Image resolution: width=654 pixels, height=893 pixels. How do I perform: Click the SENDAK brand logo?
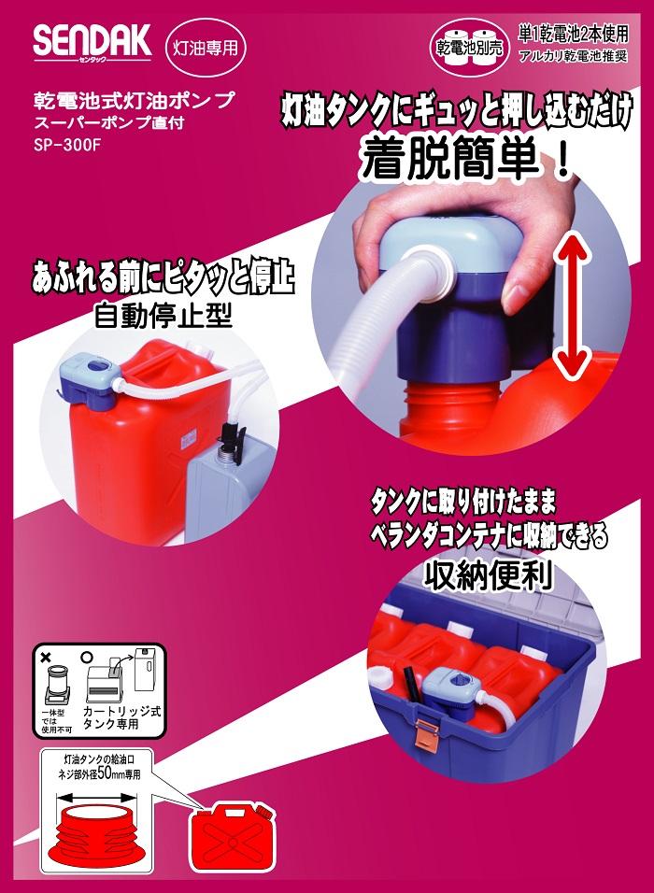pyautogui.click(x=92, y=42)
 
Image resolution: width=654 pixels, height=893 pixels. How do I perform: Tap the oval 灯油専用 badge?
pyautogui.click(x=206, y=48)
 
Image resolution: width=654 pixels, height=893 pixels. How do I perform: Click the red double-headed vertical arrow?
pyautogui.click(x=572, y=307)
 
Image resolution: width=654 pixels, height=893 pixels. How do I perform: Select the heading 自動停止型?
pyautogui.click(x=163, y=315)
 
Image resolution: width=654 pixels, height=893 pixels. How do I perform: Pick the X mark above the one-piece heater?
pyautogui.click(x=46, y=658)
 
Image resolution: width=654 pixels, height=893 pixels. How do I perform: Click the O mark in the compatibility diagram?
pyautogui.click(x=87, y=657)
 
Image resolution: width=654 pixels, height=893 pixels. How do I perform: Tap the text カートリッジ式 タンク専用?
pyautogui.click(x=121, y=717)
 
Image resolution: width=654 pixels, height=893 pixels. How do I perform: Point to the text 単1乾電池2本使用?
pyautogui.click(x=573, y=35)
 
